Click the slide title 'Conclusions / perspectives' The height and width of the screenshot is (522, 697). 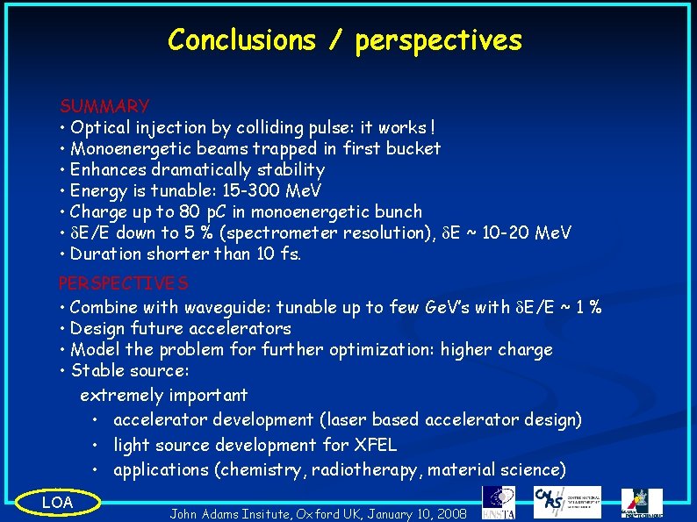point(344,40)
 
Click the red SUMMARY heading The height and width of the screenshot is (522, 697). point(104,106)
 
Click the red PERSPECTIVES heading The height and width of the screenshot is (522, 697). point(123,283)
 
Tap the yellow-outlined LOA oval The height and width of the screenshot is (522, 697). point(58,502)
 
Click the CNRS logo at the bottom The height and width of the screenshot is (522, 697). point(567,502)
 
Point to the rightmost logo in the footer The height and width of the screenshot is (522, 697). point(642,503)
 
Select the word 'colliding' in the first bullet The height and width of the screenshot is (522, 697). point(245,127)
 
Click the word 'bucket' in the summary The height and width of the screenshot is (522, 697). point(413,148)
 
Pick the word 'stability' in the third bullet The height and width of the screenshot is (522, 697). point(291,169)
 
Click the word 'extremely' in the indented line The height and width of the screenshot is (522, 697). point(120,395)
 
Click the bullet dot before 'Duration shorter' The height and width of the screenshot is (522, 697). point(63,254)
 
